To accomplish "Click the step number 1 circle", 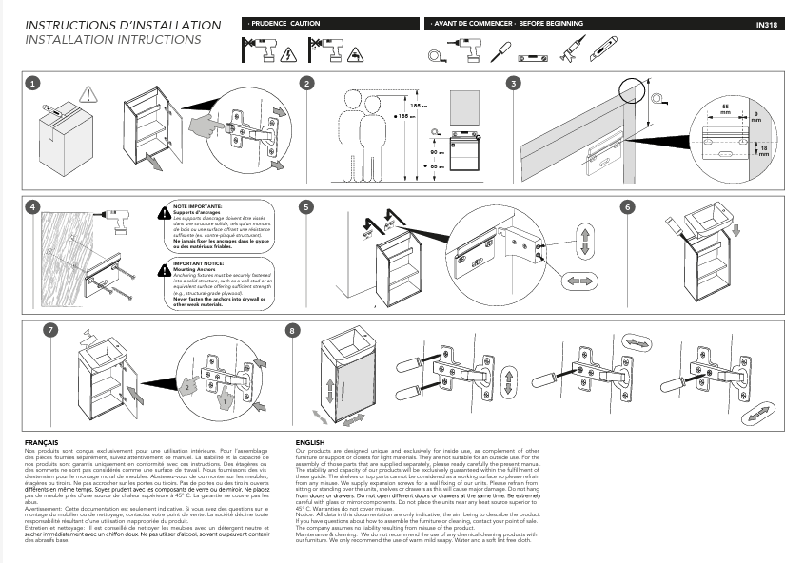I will [33, 84].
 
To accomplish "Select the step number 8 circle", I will [293, 330].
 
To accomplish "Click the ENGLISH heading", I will [310, 443].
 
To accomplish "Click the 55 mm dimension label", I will [725, 108].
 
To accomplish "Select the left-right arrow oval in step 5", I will [578, 281].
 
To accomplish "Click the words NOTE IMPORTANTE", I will [198, 205].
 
